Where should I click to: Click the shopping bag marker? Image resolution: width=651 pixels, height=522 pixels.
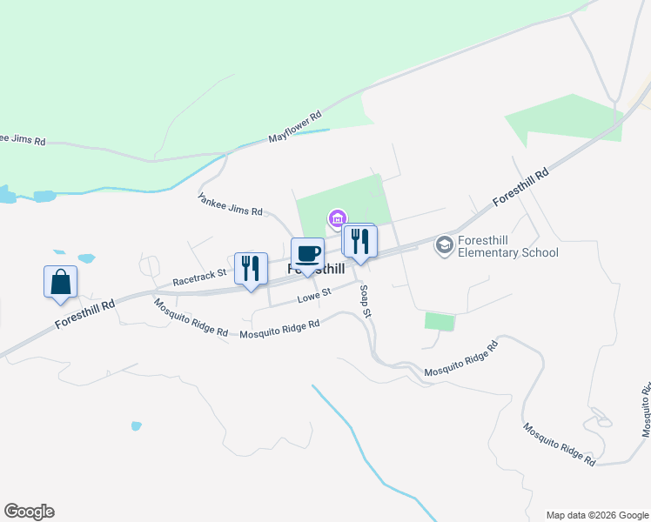click(x=61, y=283)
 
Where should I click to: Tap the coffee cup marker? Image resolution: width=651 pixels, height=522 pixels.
click(x=307, y=254)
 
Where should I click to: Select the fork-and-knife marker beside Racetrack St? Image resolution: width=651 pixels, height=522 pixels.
click(x=251, y=269)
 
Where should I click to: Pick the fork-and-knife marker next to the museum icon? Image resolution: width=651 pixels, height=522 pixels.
click(x=359, y=241)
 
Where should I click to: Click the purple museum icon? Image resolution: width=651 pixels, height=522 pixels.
click(x=337, y=217)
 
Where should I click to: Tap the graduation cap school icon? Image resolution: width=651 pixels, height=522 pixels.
click(x=445, y=245)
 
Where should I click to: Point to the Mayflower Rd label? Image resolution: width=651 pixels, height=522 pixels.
click(x=295, y=126)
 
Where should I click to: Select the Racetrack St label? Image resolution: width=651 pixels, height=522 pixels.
click(x=199, y=278)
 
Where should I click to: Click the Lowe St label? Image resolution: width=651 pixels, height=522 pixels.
click(x=313, y=297)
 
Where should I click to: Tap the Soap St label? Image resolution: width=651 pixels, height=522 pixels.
click(x=366, y=299)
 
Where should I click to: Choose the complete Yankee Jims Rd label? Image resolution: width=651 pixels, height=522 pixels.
click(x=230, y=204)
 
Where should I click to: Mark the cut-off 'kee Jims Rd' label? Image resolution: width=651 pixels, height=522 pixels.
click(x=23, y=139)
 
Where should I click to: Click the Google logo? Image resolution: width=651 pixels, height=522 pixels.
click(x=29, y=512)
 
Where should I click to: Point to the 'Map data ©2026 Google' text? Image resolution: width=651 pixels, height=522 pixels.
click(x=596, y=515)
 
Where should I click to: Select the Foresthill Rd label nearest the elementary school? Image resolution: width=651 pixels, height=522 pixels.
click(x=520, y=186)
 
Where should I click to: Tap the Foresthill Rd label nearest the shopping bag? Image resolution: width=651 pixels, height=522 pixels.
click(x=84, y=314)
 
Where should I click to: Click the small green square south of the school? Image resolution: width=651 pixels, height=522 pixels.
click(x=440, y=322)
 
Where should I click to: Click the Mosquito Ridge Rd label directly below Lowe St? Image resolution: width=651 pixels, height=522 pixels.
click(x=280, y=330)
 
